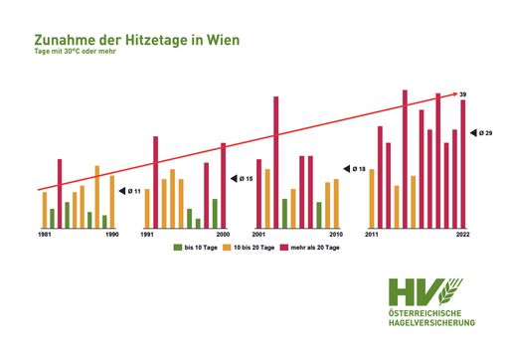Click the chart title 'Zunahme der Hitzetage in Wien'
point(136,41)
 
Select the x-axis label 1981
point(46,234)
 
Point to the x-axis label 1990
point(112,234)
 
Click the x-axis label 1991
point(147,234)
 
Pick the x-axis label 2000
point(222,234)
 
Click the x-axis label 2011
point(372,234)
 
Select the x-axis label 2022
point(462,234)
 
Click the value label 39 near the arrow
point(463,93)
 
